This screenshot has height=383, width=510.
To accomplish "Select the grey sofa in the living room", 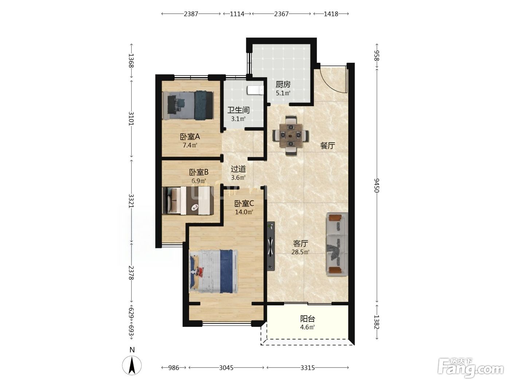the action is pos(337,244).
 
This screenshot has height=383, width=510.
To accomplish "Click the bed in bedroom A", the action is pos(188,105).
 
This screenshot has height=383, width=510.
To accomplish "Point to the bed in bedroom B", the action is pos(188,200).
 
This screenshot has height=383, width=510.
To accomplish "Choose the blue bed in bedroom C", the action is pos(213,271).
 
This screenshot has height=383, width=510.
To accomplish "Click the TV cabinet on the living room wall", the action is pos(271,246).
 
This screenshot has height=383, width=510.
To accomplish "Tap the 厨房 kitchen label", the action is pos(283,84).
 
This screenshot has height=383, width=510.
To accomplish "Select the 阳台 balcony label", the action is pos(307,318).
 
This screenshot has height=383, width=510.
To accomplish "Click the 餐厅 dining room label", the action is pos(327,146).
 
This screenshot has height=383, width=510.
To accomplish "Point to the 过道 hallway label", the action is pos(238,169).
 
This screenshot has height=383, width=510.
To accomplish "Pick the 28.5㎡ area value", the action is pos(301,252).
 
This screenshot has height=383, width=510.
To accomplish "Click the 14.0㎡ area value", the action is pos(244,212).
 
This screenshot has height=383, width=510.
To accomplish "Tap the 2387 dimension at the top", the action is pos(191,14).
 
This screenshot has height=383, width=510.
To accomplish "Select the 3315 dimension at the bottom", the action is pos(307,368).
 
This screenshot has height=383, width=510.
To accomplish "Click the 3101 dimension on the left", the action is pos(131,118).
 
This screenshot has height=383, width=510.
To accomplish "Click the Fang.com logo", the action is pos(471,368).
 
